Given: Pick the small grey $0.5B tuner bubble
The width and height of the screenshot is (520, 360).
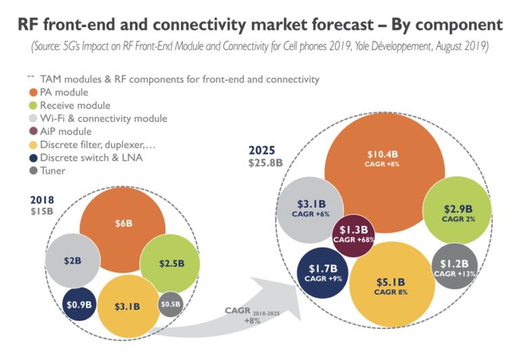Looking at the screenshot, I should (x=171, y=304).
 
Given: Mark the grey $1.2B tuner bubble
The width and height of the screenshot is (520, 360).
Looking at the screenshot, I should (x=455, y=266).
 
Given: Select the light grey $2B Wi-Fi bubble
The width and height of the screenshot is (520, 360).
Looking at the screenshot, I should (x=72, y=261).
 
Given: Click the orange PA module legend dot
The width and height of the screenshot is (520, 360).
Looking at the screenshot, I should (x=35, y=93).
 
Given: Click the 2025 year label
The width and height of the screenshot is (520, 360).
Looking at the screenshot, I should (x=263, y=150).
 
